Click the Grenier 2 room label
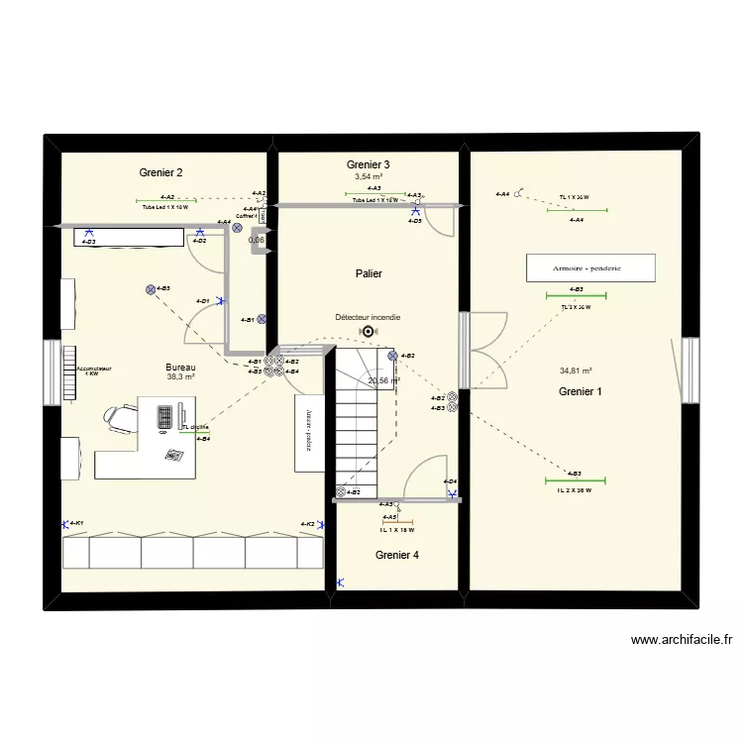(x=160, y=172)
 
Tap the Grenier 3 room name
(x=368, y=164)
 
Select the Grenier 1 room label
(x=580, y=392)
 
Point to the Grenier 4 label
(x=396, y=556)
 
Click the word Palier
(x=368, y=273)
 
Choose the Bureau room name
(x=180, y=367)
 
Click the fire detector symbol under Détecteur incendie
(x=369, y=333)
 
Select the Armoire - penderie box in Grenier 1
(x=590, y=267)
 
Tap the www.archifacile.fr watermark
(x=681, y=641)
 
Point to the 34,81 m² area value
(x=576, y=371)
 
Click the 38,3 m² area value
(x=180, y=377)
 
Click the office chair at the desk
(x=118, y=418)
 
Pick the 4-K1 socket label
(x=76, y=523)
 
